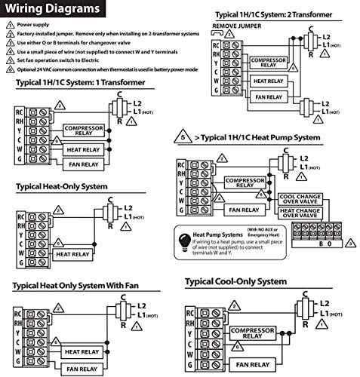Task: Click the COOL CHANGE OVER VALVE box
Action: [x=302, y=198]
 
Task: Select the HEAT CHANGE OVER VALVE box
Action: [x=302, y=214]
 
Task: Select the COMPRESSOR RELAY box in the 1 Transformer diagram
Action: [x=83, y=130]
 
